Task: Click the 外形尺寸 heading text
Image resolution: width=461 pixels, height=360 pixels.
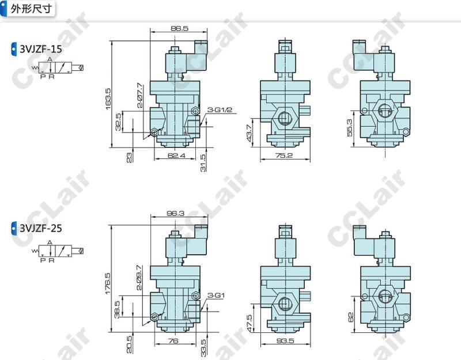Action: click(31, 9)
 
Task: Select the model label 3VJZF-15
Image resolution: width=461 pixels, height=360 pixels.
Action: click(40, 49)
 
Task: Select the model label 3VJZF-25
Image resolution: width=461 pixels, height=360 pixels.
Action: click(40, 228)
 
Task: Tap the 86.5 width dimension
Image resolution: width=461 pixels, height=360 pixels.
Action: click(179, 28)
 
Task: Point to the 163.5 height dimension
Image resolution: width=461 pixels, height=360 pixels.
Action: click(108, 99)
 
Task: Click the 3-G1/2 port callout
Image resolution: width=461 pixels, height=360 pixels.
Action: click(220, 110)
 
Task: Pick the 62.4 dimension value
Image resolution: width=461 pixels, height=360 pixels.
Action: click(176, 155)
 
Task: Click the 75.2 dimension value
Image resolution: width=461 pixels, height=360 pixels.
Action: click(284, 155)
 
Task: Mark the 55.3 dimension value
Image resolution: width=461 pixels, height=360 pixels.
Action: click(350, 127)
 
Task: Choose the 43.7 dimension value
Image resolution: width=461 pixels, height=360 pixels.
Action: click(249, 133)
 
